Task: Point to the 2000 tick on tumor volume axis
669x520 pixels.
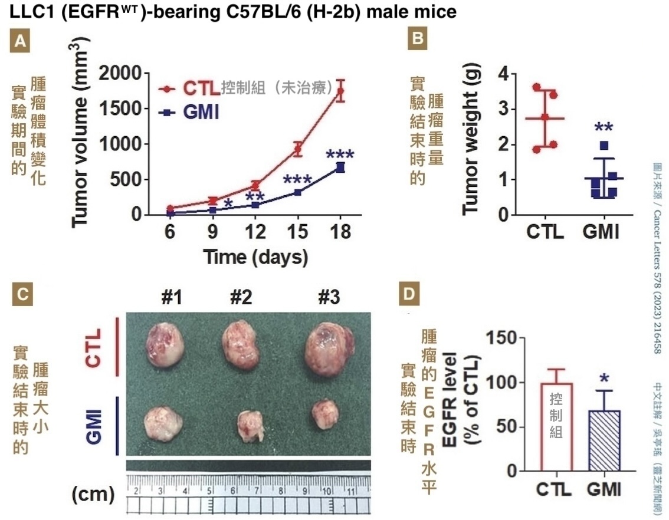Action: (x=123, y=73)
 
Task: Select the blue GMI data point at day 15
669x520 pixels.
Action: (x=298, y=192)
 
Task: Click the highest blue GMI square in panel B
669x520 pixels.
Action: (x=604, y=145)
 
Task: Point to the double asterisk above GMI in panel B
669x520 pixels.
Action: (x=603, y=128)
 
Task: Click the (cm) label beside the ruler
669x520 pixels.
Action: (x=93, y=494)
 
